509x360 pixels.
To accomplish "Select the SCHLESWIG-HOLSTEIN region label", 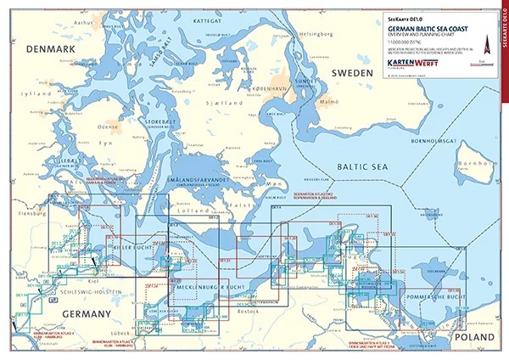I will [87, 292].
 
